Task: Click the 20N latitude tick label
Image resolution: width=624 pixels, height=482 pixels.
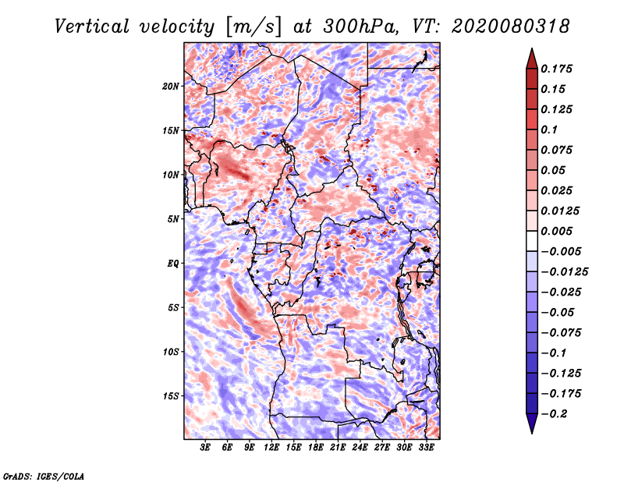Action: (171, 87)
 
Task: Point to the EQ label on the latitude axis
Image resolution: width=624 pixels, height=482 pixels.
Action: (173, 264)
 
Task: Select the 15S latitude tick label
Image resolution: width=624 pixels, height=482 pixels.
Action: (171, 396)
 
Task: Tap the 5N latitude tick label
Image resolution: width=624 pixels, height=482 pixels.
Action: (173, 219)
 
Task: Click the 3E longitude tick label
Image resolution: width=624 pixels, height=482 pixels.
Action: (205, 448)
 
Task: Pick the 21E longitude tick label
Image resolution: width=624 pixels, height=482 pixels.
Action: (338, 448)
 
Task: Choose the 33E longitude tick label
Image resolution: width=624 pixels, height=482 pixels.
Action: (426, 448)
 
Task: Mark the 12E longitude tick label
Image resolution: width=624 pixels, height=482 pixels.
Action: (271, 448)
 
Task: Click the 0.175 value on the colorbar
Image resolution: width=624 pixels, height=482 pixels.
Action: (556, 69)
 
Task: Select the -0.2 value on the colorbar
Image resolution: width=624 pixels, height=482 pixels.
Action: (554, 414)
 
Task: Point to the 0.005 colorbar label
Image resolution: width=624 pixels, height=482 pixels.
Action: (556, 231)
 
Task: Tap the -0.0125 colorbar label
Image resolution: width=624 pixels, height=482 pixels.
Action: (564, 272)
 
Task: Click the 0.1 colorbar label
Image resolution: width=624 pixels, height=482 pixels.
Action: (549, 129)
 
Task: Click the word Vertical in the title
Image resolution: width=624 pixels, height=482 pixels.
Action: (92, 27)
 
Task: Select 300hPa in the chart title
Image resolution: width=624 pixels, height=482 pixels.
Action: (360, 27)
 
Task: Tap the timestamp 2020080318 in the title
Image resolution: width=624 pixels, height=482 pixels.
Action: (510, 27)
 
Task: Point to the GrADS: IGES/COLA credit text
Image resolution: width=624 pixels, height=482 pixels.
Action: (44, 477)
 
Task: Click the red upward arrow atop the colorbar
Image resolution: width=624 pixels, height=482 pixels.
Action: (532, 58)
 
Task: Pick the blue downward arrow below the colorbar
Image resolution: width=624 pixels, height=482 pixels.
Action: (532, 424)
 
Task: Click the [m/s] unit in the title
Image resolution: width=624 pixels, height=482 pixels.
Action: (253, 27)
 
